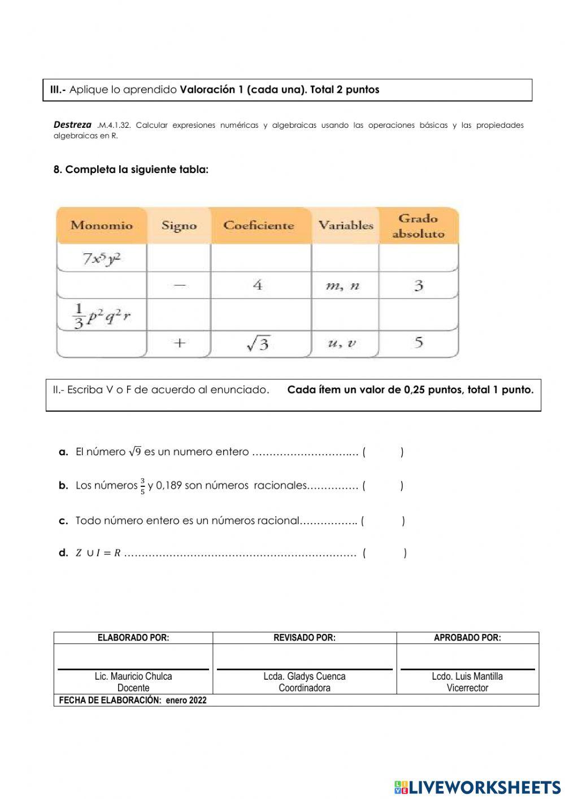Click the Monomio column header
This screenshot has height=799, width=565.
102,225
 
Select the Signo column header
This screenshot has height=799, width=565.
179,225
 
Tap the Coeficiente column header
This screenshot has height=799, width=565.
259,225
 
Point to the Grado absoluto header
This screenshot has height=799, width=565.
418,226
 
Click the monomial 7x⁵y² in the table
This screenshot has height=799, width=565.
102,258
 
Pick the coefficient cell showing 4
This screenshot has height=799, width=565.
258,284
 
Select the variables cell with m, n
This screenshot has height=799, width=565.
342,286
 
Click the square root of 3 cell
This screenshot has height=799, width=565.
258,343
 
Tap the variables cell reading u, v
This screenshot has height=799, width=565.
342,343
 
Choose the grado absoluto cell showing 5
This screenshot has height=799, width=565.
418,342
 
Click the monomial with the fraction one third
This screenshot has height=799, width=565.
102,316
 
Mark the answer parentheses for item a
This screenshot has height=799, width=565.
383,452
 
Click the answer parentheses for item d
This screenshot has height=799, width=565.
384,553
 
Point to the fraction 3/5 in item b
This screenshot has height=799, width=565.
142,486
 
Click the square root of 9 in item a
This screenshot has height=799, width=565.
134,451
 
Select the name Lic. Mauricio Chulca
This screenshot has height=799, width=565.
133,676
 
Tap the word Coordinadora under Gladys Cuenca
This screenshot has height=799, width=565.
305,688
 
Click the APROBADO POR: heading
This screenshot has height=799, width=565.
467,638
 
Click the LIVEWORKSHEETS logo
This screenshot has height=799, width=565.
477,787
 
